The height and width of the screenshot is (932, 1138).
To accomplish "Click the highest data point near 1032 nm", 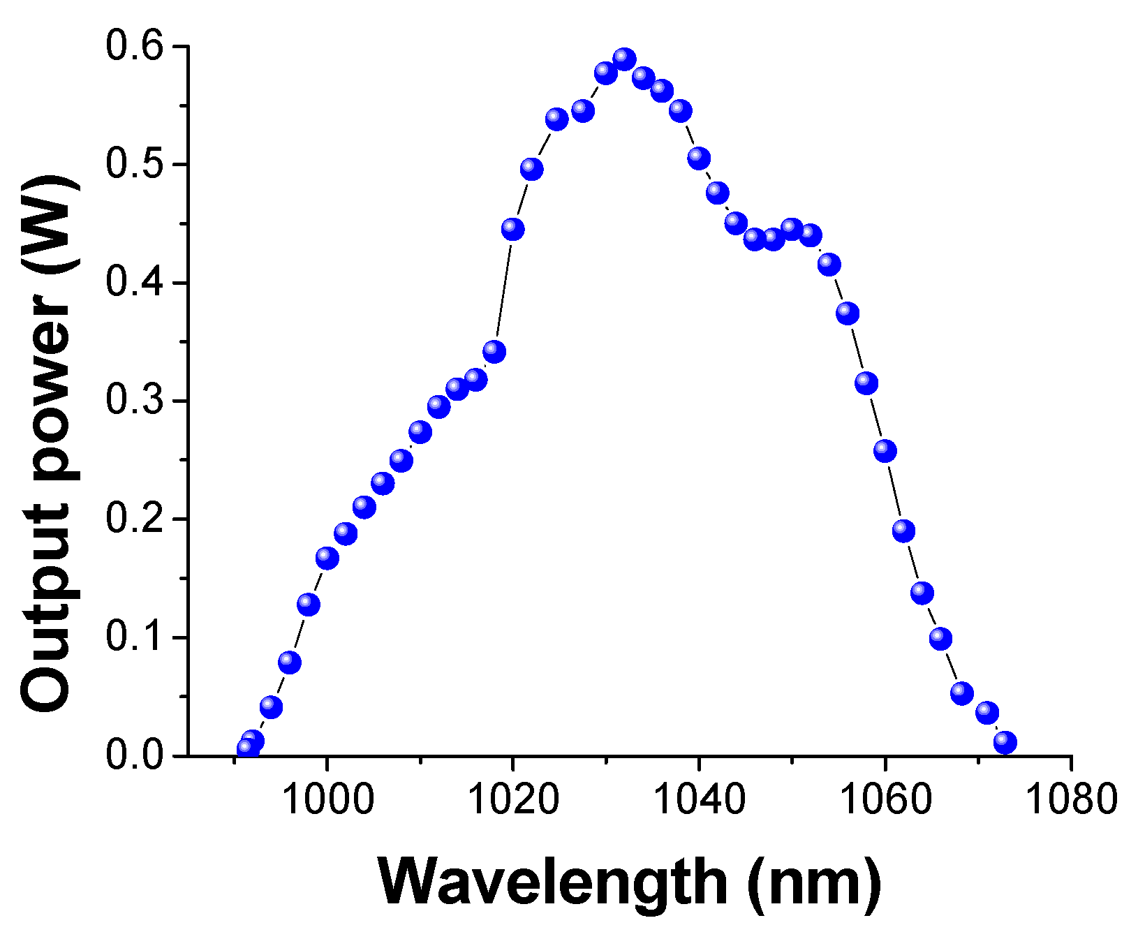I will [624, 60].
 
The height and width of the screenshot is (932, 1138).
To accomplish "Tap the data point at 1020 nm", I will [512, 229].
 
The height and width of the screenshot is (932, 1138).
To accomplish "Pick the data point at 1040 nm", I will [699, 158].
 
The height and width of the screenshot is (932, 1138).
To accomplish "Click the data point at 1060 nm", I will [885, 451].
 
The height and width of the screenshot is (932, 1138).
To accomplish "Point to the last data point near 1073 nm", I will [1005, 742].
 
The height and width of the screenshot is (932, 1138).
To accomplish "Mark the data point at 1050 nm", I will [792, 228].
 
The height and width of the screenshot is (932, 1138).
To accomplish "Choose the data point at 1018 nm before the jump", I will [494, 351].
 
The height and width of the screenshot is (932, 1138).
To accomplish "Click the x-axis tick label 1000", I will [327, 800].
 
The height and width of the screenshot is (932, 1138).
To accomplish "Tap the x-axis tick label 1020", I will [512, 800].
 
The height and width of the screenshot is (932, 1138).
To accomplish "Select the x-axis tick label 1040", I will [699, 800].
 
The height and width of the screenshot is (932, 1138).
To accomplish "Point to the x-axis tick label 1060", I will [885, 800].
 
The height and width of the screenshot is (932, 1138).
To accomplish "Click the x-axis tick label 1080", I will [1070, 800].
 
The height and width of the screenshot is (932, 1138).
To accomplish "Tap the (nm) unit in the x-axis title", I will [813, 882].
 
